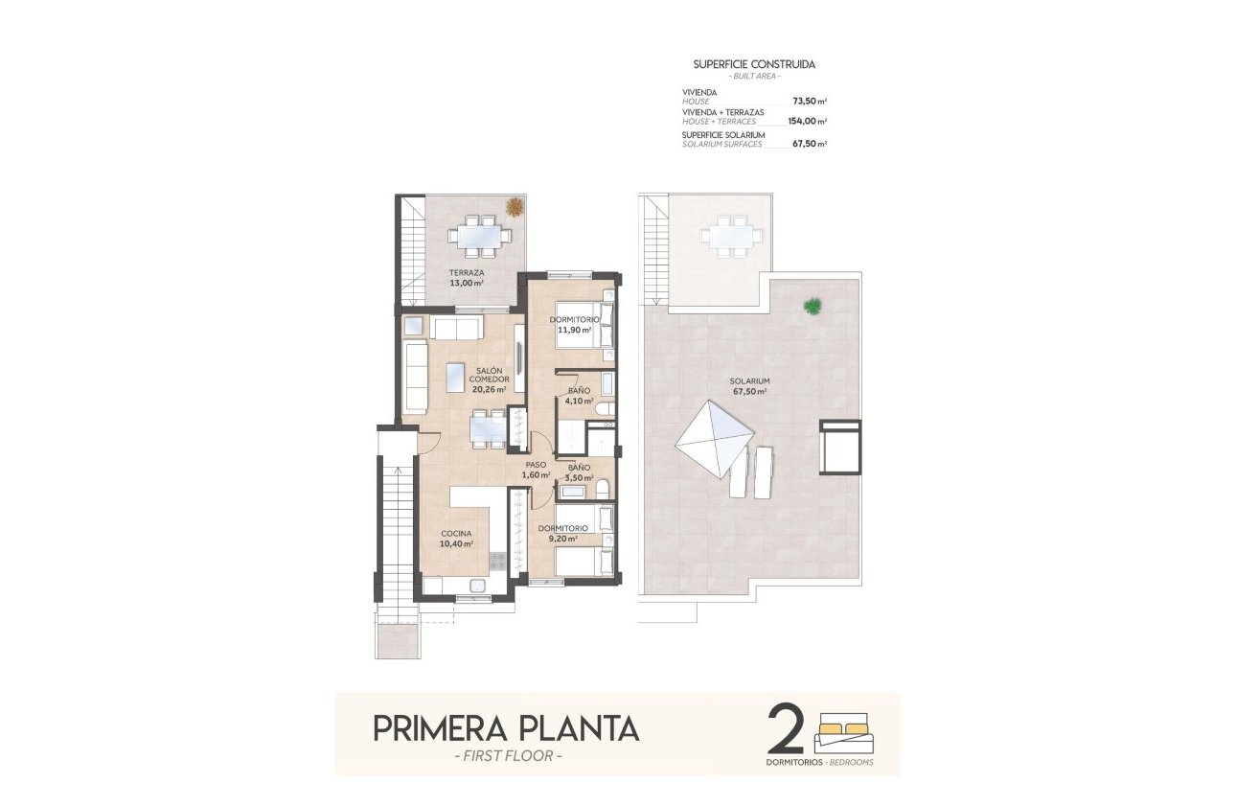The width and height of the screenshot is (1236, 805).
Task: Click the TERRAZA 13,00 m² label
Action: coord(468,278)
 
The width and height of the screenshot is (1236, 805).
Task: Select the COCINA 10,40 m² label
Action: coord(456,539)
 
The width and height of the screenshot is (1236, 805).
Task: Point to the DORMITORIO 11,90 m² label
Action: coord(575,325)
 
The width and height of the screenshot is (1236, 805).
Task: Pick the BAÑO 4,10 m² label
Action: coord(579,396)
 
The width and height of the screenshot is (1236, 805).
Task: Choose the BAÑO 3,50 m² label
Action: coord(578,472)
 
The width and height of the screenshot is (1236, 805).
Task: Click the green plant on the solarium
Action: coord(813,307)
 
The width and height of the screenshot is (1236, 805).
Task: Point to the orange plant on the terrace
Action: coord(515,206)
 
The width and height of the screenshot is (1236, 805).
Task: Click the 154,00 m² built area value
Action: coord(808,122)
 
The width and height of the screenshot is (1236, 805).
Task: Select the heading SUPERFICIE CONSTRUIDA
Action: coord(754,64)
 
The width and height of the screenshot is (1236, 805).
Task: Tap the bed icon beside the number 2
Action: coord(844,732)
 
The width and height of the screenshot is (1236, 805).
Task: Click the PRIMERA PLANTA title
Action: coord(505,728)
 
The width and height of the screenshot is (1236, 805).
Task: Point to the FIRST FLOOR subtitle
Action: coord(505,758)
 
